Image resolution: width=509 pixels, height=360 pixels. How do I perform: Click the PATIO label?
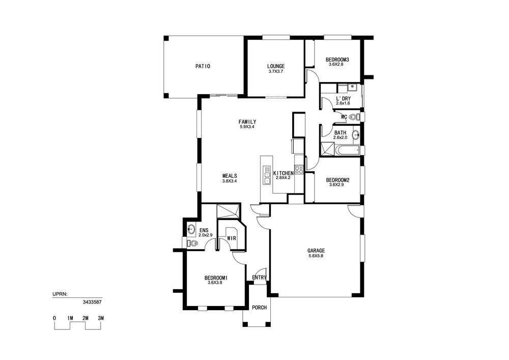coord(203,66)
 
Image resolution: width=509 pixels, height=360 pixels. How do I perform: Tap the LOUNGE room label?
coord(276,66)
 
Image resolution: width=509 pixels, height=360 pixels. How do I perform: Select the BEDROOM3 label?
coord(337,60)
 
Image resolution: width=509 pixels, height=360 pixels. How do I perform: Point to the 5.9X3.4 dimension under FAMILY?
coord(247,127)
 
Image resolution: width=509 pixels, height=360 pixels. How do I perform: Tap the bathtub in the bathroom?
coord(347,150)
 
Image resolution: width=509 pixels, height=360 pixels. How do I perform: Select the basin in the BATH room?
coord(356,134)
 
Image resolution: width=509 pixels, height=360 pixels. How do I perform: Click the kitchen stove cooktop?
coord(299,170)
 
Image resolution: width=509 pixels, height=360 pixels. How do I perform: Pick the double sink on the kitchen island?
coord(267,175)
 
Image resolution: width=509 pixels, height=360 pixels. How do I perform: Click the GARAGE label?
coord(316,251)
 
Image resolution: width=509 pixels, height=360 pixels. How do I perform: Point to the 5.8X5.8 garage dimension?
coord(316,256)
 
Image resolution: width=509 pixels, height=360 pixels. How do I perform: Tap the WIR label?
coord(232,238)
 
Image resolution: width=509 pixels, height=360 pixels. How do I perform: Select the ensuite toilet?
coord(192,243)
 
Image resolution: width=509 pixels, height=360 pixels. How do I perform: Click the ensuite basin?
coord(191,230)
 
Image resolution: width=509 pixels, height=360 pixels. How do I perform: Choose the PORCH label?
coord(260,308)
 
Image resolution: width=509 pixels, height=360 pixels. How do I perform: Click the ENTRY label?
coord(260,278)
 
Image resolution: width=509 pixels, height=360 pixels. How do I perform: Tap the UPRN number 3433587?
coord(93,302)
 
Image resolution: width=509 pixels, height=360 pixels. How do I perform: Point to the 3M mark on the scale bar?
coord(101,318)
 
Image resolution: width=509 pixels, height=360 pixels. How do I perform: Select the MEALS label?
coord(230,176)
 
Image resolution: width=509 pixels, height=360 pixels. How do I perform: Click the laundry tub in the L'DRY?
coord(352,87)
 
